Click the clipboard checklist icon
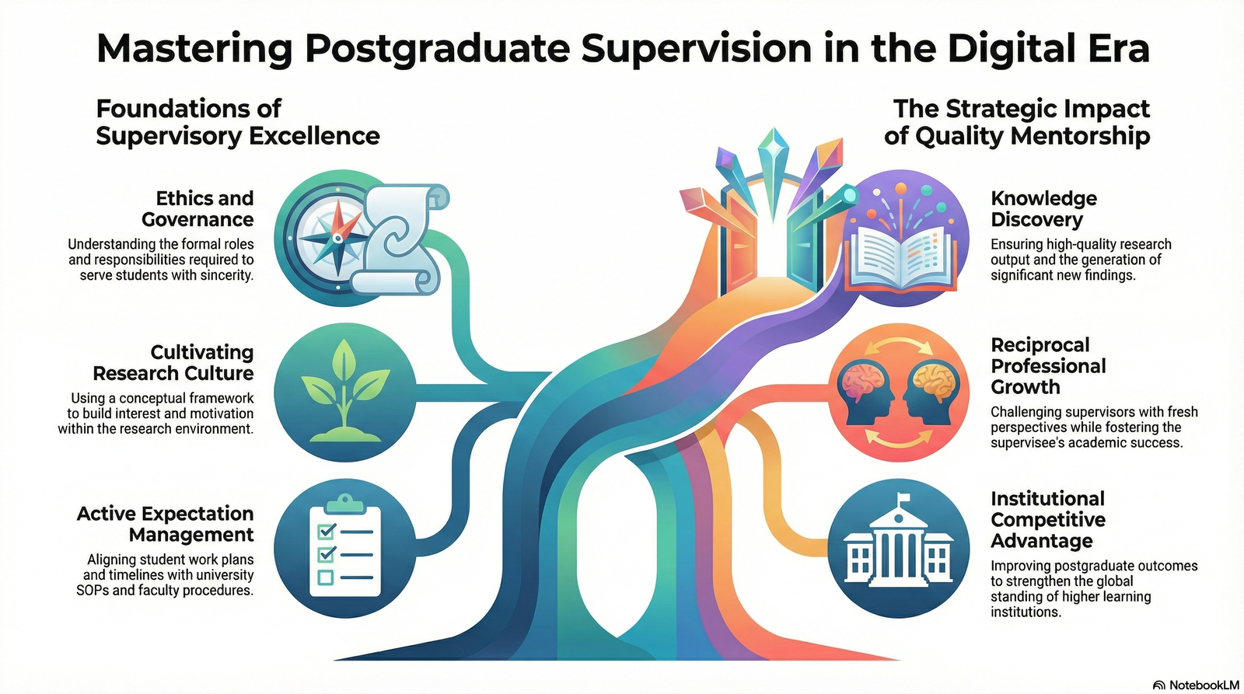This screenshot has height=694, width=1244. click(345, 550)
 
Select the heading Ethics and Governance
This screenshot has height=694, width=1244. click(197, 209)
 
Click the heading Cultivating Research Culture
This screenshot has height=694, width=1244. click(173, 363)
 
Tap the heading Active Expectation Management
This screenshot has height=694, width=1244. click(165, 525)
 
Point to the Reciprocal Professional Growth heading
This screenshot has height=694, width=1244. click(1047, 366)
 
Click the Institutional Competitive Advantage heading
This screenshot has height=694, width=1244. click(1047, 520)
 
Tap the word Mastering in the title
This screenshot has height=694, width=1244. click(194, 48)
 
